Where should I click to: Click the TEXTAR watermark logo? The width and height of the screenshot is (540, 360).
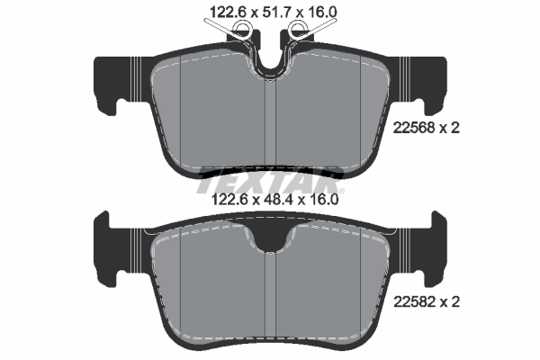[x=270, y=174]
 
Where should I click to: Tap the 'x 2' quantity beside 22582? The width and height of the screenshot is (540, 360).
[x=450, y=303]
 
